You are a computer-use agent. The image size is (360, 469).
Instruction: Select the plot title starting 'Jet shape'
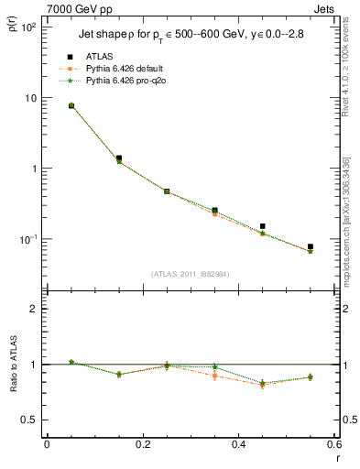[x=184, y=37]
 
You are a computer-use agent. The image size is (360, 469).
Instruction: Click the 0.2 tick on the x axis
[x=142, y=445]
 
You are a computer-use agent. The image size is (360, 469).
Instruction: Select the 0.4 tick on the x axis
[x=238, y=445]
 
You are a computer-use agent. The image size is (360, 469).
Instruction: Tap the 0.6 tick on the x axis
[x=333, y=445]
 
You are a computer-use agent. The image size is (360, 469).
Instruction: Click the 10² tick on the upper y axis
[x=27, y=27]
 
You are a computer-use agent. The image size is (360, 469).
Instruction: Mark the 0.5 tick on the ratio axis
[x=27, y=420]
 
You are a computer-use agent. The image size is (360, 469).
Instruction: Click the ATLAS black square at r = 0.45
[x=262, y=226]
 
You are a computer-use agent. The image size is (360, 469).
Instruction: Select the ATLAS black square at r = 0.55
[x=311, y=246]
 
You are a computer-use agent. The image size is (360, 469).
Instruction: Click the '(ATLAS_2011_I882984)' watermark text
[x=190, y=273]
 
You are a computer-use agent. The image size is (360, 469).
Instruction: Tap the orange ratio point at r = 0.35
[x=214, y=376]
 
